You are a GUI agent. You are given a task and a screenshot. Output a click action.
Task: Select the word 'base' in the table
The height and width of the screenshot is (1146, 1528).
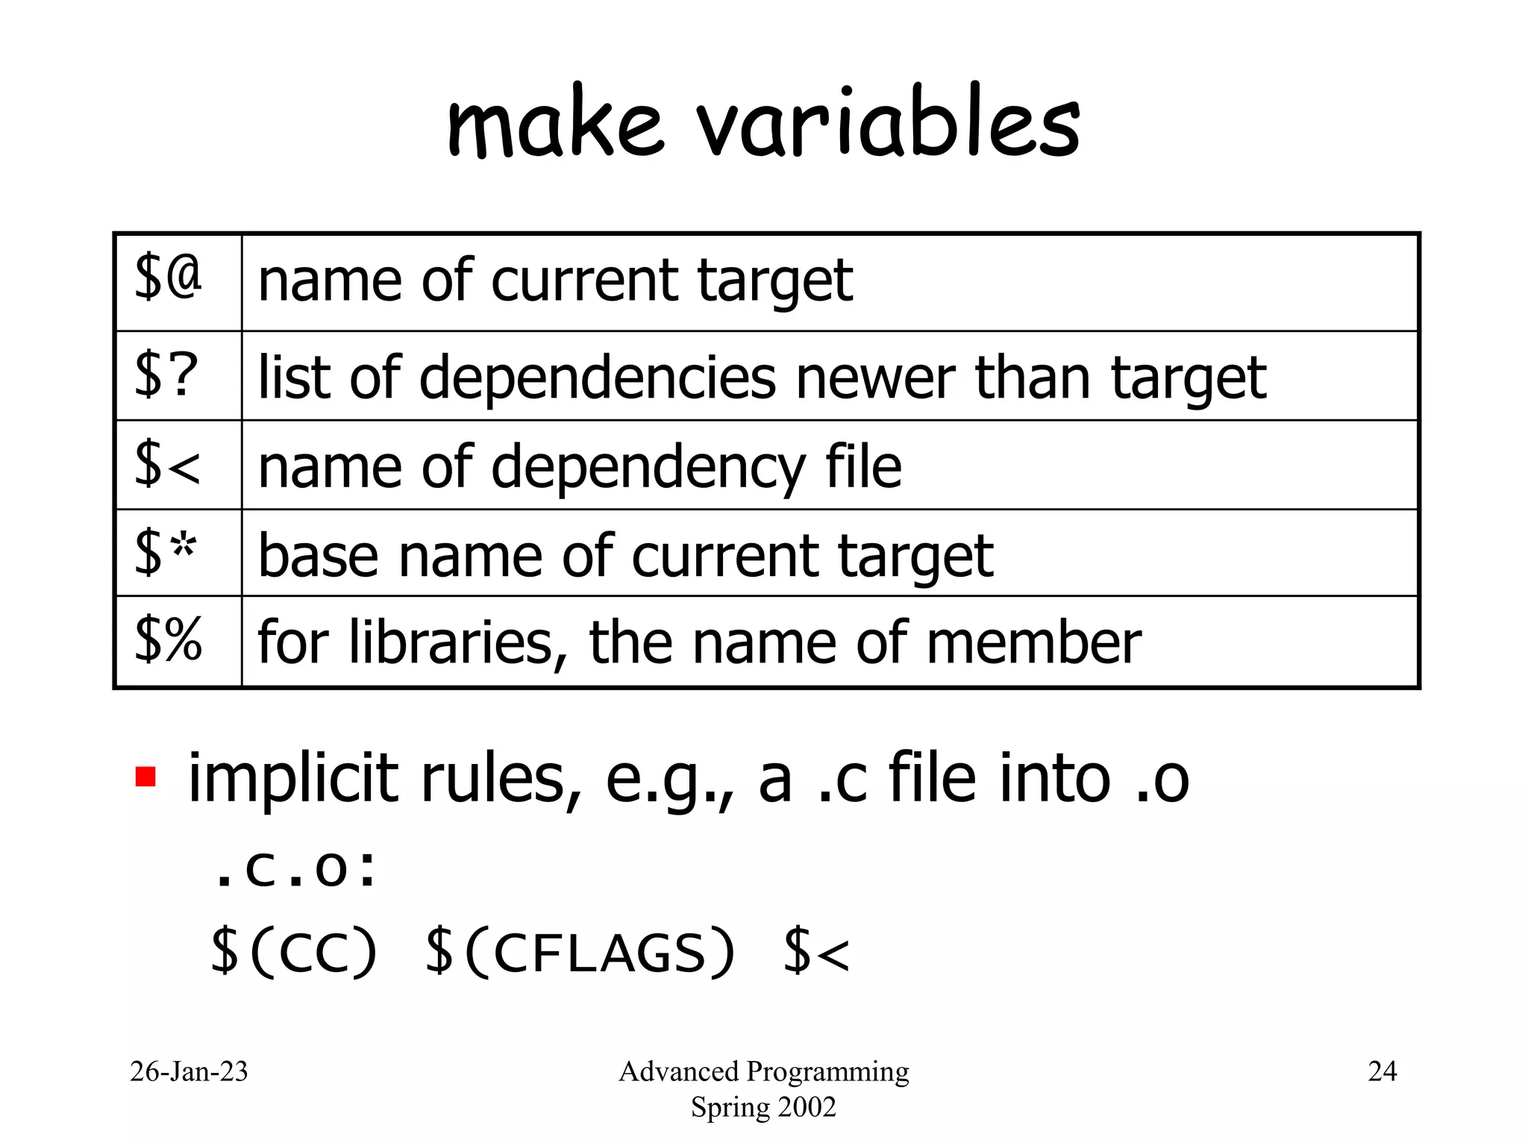point(318,556)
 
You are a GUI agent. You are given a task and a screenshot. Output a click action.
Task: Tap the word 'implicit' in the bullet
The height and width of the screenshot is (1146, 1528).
point(292,780)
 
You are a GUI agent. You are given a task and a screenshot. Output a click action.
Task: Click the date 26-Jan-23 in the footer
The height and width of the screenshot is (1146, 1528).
point(189,1072)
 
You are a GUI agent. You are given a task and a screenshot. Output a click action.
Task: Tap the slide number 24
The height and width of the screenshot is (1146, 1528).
point(1382,1072)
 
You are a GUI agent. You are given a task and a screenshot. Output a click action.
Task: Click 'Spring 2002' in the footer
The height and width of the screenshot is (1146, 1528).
point(763,1107)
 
